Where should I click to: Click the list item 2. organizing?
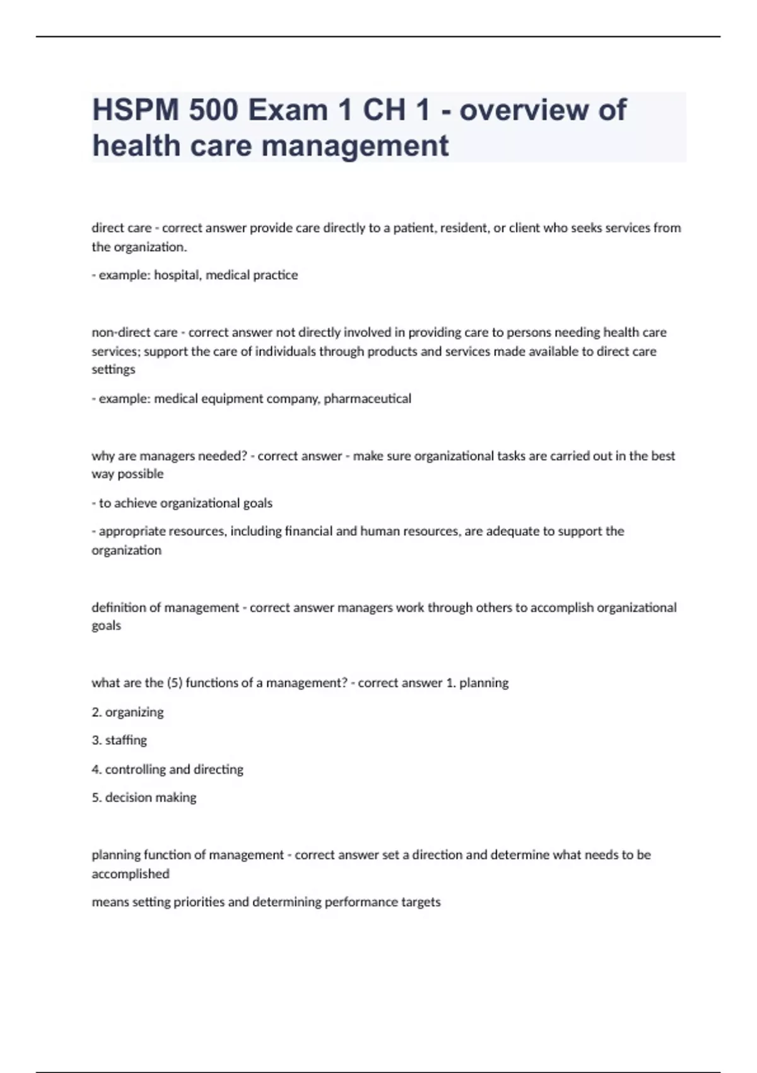tap(127, 713)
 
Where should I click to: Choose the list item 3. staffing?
tap(119, 740)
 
